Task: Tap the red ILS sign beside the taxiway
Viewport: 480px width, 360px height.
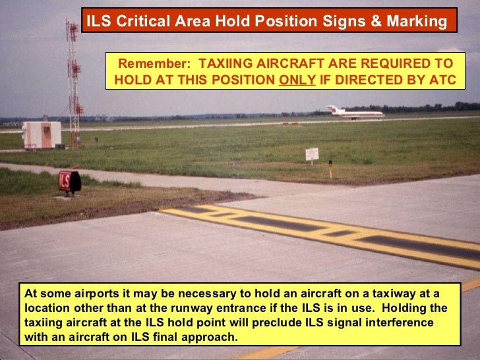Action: pyautogui.click(x=68, y=181)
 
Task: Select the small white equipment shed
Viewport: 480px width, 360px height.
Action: pyautogui.click(x=42, y=135)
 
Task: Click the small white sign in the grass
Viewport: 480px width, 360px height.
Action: pyautogui.click(x=312, y=154)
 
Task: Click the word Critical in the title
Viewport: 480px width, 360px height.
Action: pyautogui.click(x=142, y=22)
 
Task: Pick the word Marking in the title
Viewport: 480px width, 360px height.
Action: pyautogui.click(x=418, y=22)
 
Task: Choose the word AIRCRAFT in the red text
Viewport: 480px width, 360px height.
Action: pyautogui.click(x=286, y=64)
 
